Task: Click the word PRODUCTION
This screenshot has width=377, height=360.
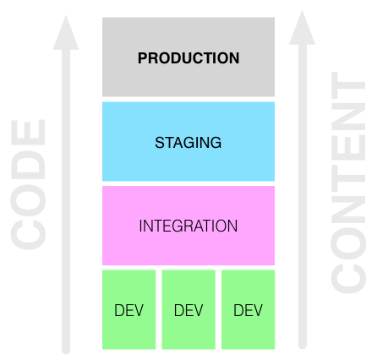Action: pyautogui.click(x=188, y=58)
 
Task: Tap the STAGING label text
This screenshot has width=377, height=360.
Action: pyautogui.click(x=188, y=143)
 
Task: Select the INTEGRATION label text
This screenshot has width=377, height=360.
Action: pyautogui.click(x=188, y=226)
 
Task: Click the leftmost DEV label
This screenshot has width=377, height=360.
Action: pyautogui.click(x=129, y=310)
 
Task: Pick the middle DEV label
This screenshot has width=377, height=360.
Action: pyautogui.click(x=188, y=310)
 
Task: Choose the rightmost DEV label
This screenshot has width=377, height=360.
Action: pyautogui.click(x=248, y=310)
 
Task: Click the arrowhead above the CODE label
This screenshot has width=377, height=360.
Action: pyautogui.click(x=66, y=33)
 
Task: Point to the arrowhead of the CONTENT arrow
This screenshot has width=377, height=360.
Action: pyautogui.click(x=303, y=27)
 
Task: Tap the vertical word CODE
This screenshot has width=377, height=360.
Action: pyautogui.click(x=28, y=184)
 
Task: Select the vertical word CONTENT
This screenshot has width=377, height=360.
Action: pyautogui.click(x=348, y=183)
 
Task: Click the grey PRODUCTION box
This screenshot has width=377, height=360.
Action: pyautogui.click(x=188, y=57)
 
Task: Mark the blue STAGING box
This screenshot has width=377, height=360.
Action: pyautogui.click(x=188, y=141)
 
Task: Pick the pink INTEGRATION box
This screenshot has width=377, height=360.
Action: pyautogui.click(x=188, y=226)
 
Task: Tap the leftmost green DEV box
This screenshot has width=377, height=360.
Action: pyautogui.click(x=129, y=309)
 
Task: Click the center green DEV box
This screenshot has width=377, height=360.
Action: pyautogui.click(x=188, y=309)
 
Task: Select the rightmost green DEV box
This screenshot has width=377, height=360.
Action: pyautogui.click(x=249, y=309)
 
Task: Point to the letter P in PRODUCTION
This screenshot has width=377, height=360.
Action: pyautogui.click(x=143, y=58)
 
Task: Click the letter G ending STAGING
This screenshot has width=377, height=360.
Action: pyautogui.click(x=216, y=143)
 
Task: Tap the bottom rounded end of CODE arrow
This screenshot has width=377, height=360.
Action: pyautogui.click(x=66, y=351)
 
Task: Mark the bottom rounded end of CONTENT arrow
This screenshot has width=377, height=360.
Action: pyautogui.click(x=303, y=346)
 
